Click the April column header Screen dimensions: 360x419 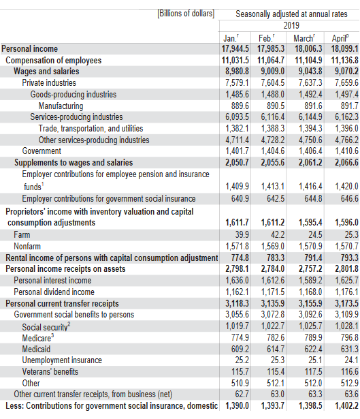tap(340, 38)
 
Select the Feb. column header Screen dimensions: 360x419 tap(266, 38)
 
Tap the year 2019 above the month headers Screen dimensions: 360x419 tap(291, 26)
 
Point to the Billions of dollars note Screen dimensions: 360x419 tap(186, 14)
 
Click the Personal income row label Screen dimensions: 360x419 tap(30, 49)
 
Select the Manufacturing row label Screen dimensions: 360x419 tap(61, 106)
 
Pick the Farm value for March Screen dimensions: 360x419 tap(315, 234)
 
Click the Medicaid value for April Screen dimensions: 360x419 tap(350, 349)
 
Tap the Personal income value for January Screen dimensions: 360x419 tap(235, 49)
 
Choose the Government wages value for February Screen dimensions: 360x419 tap(273, 151)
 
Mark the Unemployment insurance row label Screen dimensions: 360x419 tap(62, 360)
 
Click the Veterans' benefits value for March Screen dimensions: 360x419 tap(313, 372)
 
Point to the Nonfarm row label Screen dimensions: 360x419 tap(27, 246)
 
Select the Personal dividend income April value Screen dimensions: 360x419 tap(346, 292)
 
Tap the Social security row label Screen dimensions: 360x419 tap(46, 327)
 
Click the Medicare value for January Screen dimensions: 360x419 tap(240, 337)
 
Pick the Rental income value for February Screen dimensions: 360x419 tap(276, 258)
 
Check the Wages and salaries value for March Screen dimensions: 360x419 tap(310, 72)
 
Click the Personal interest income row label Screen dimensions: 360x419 tap(52, 280)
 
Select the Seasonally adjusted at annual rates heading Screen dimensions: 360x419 tap(291, 14)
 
